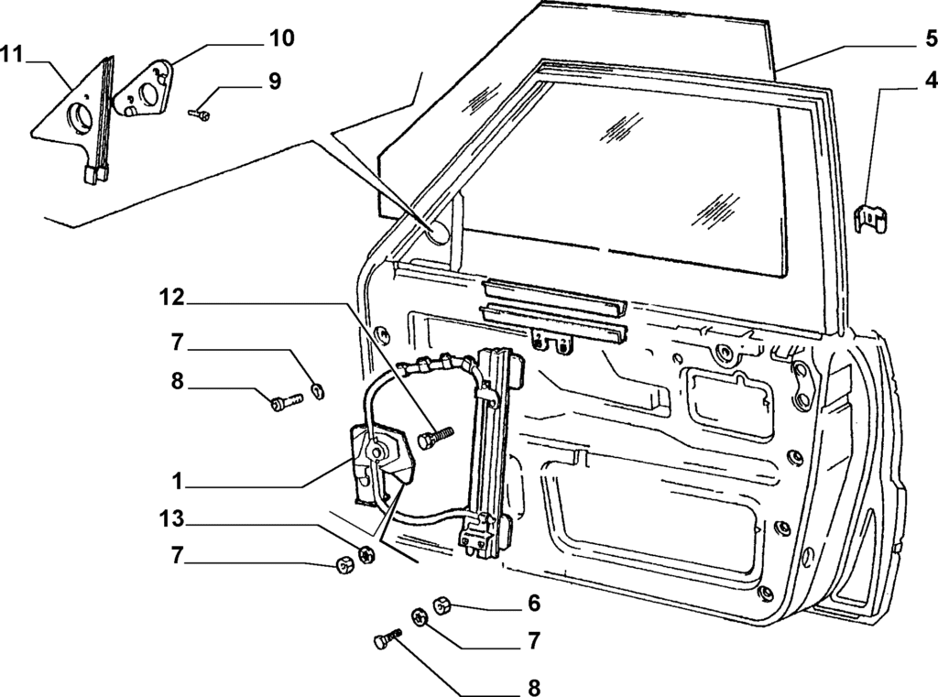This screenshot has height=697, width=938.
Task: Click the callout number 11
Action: coord(12,53)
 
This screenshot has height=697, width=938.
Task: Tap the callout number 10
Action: coord(281,38)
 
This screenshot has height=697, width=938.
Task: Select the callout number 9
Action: coord(274,82)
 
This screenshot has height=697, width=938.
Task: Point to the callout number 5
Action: coord(929,38)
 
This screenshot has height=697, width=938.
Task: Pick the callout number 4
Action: coord(929,79)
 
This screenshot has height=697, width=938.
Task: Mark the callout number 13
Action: coord(172,520)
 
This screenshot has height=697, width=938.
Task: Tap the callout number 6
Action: coord(534,604)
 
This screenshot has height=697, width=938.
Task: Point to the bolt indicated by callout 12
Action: coord(435,436)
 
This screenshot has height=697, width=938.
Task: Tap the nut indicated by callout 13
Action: coord(365,554)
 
